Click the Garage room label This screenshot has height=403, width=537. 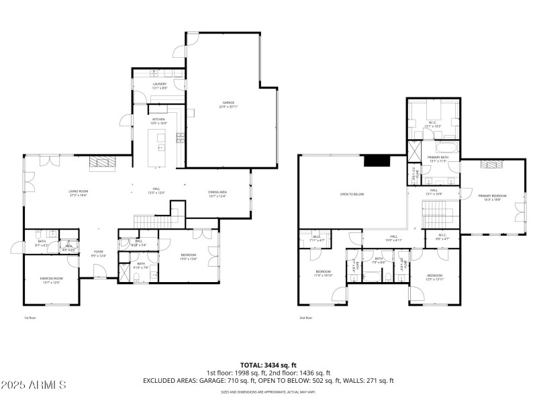click(x=228, y=104)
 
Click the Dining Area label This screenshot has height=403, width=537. click(x=217, y=193)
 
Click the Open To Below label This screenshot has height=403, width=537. click(x=351, y=194)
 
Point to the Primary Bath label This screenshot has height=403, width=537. click(x=437, y=159)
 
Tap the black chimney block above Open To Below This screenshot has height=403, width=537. click(x=374, y=161)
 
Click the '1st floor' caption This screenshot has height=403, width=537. click(x=30, y=318)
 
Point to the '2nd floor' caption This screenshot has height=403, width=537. click(x=305, y=318)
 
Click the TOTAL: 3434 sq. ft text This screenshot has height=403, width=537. click(x=268, y=365)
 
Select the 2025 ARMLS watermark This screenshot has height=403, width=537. click(x=34, y=385)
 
